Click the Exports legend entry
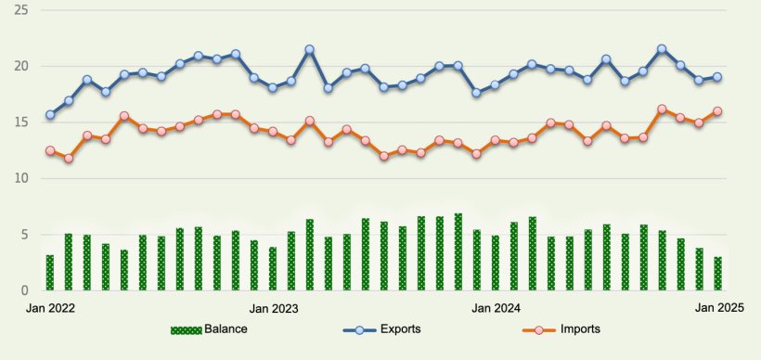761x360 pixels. (381, 329)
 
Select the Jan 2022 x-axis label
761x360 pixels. (50, 307)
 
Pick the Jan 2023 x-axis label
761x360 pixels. (273, 307)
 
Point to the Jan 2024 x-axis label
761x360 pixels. (496, 307)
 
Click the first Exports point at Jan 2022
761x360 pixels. (50, 115)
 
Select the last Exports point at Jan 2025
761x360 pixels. (717, 77)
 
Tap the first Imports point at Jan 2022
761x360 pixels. (50, 150)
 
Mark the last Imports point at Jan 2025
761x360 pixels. (717, 111)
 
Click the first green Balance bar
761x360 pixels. (50, 273)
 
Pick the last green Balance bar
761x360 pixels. (717, 274)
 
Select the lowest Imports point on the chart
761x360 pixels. (69, 159)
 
